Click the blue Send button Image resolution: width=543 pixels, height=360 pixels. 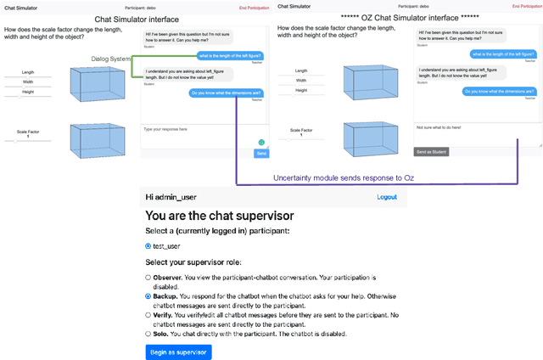point(260,154)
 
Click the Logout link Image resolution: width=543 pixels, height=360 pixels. point(387,196)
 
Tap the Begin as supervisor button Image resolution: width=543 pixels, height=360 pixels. point(178,352)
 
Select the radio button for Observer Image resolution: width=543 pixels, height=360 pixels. point(148,277)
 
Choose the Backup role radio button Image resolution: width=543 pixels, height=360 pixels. point(148,296)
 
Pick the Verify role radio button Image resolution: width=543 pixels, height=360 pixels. point(148,315)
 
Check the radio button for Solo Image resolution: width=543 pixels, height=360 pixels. point(148,334)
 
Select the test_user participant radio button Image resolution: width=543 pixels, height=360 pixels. point(148,246)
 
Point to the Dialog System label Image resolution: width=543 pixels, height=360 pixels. point(111,59)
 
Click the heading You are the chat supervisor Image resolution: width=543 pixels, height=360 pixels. point(219,216)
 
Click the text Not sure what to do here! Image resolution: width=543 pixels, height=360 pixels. point(439,128)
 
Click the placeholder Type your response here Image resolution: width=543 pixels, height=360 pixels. point(165,129)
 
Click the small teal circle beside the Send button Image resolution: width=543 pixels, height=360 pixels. point(261,142)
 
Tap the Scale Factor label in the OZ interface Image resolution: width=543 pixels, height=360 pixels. point(301,130)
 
